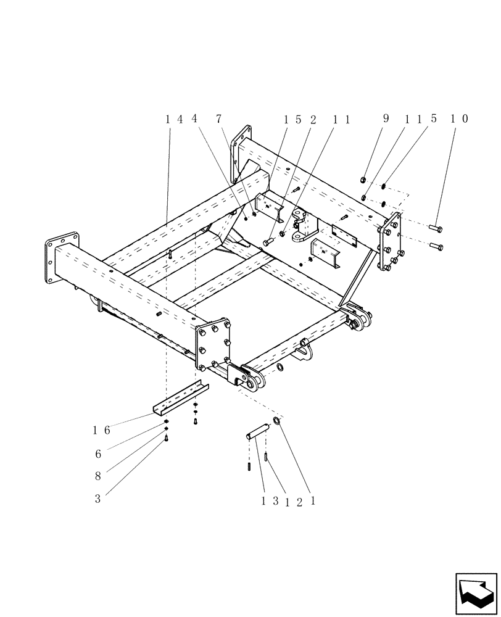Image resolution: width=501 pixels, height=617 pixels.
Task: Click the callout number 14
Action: pos(173,120)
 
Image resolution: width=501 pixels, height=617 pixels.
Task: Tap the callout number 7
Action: pos(218,120)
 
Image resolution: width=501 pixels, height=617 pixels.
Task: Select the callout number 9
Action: pos(386,119)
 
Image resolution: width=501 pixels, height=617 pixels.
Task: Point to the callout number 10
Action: pos(458,119)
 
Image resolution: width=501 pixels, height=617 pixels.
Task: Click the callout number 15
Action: pos(291,120)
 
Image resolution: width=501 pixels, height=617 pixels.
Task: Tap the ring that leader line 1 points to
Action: pos(277,421)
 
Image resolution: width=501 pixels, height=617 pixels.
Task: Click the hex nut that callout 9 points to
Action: pos(363,180)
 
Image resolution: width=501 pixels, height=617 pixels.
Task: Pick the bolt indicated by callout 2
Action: pos(268,242)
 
